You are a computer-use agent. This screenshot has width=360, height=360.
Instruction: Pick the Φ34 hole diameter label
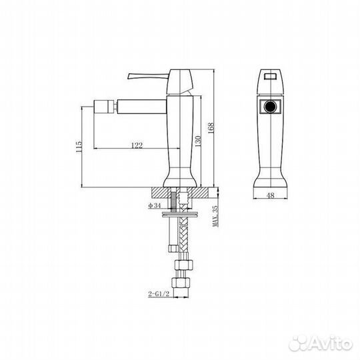(x=155, y=205)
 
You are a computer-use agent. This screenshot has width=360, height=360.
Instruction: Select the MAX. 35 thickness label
(x=215, y=217)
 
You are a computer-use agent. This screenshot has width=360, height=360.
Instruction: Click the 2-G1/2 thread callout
(x=159, y=291)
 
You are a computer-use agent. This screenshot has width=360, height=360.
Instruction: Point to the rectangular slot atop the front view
(x=271, y=76)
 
